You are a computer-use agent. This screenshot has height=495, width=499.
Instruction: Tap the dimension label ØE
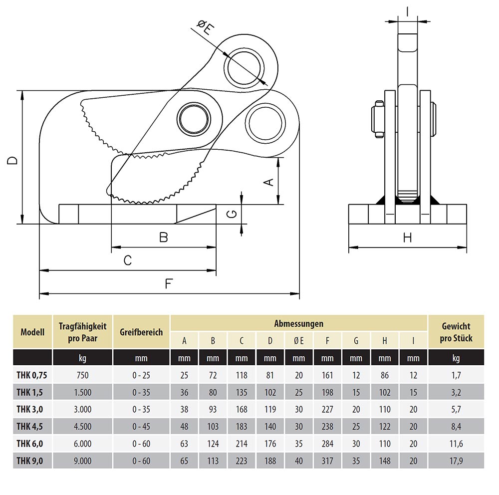coord(205,28)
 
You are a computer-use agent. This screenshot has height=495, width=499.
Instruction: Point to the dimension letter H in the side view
coord(407,238)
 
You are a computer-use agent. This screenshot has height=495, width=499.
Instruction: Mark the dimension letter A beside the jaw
coord(268,182)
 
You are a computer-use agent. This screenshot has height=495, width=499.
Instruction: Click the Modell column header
coord(32,332)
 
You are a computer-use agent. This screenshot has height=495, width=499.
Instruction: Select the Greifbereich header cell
coord(141,332)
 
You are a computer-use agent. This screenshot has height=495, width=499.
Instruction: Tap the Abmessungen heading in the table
coord(298,323)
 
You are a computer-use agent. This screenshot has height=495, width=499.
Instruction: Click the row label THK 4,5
coord(30,426)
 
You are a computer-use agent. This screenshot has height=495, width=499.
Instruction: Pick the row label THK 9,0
coord(30,461)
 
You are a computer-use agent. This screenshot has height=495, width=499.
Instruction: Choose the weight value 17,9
coord(456,461)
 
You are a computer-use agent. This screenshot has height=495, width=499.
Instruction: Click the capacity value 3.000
coord(82,409)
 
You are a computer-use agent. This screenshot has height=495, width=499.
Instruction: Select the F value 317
coord(327,461)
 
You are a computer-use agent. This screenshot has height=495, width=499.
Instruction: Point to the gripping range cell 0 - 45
coord(141,426)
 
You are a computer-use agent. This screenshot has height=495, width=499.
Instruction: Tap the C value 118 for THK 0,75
coord(242,375)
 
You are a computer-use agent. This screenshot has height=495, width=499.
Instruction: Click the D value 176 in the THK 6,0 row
coord(270,444)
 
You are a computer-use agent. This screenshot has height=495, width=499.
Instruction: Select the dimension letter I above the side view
coord(408,11)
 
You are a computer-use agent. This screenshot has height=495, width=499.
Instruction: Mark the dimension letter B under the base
coord(163,238)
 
